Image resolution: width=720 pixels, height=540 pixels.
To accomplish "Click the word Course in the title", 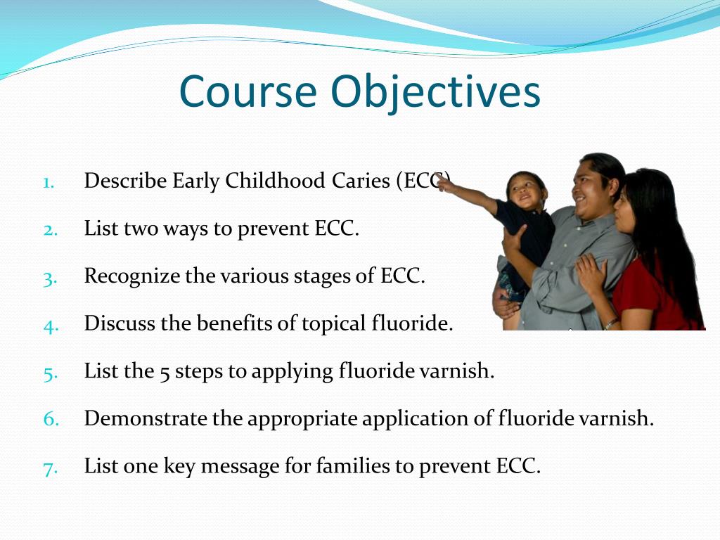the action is coord(248,91).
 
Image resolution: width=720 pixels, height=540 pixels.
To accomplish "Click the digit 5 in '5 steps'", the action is coord(165,373).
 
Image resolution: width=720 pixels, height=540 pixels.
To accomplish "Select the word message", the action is coord(240,467).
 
